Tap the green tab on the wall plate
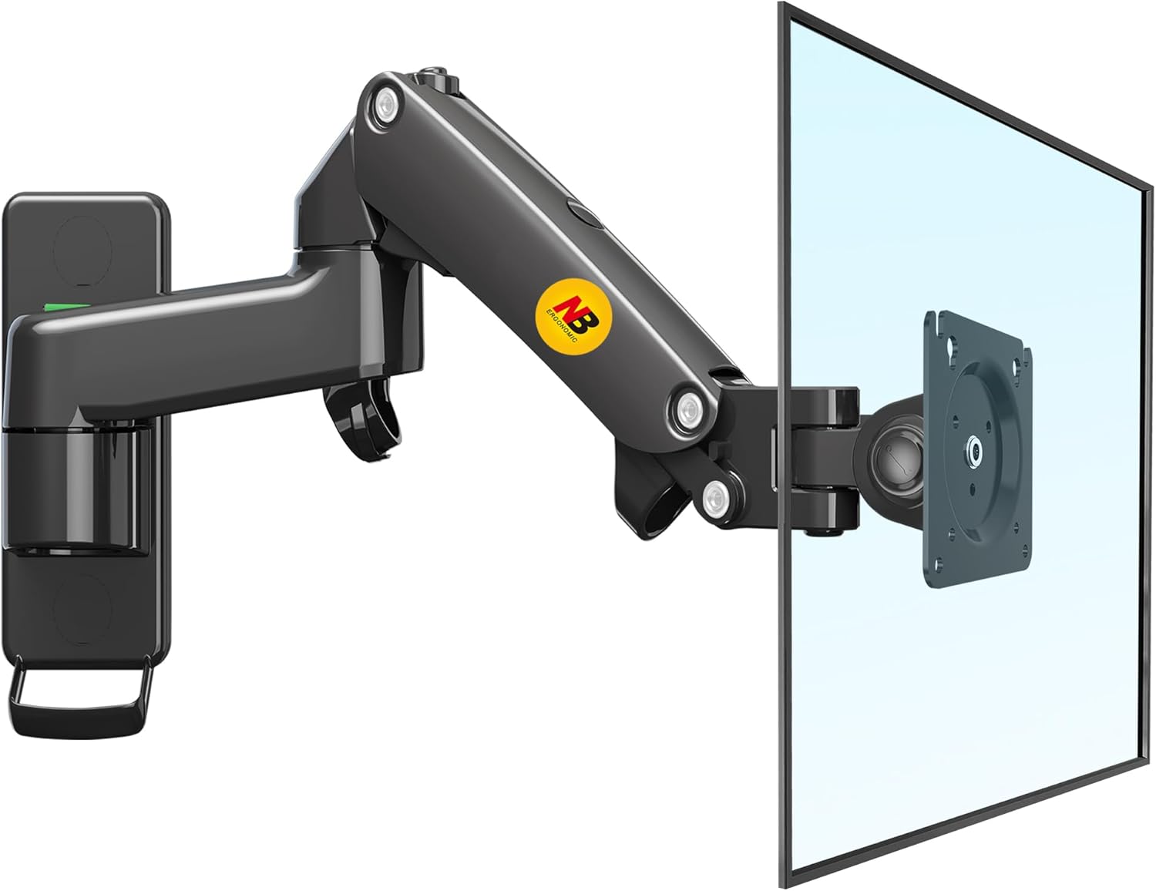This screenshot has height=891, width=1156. tap(67, 307)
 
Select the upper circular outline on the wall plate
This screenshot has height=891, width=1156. tap(83, 250)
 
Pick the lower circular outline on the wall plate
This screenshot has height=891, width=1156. tap(83, 608)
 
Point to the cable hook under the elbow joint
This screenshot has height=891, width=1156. tap(362, 420)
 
